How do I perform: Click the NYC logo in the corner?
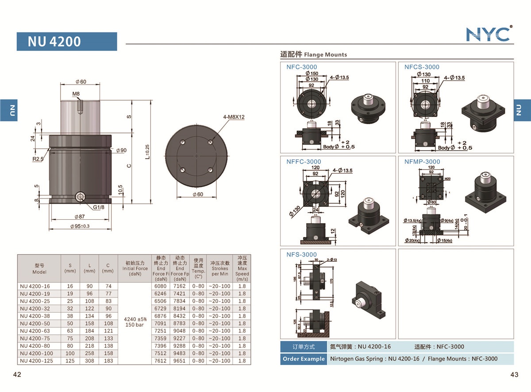tap(489, 34)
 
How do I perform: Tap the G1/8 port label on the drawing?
tap(99, 207)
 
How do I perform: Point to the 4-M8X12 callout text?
tap(235, 117)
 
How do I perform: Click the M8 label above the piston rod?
tap(76, 94)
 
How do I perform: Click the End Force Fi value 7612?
tap(161, 361)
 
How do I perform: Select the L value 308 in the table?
tap(89, 361)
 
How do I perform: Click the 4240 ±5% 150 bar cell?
tap(135, 322)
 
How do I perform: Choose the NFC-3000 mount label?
tap(302, 67)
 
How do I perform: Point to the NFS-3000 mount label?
tap(301, 254)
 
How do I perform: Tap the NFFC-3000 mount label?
tap(304, 162)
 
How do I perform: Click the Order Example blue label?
tap(303, 359)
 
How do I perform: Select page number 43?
tap(514, 375)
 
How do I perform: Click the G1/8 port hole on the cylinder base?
tap(80, 197)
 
